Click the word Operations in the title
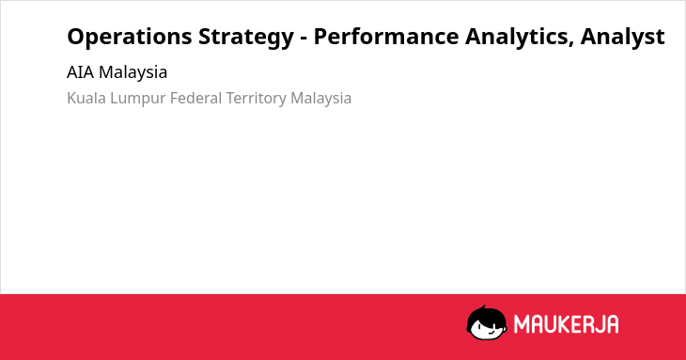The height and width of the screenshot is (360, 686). click(130, 38)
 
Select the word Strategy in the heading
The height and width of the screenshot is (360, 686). click(246, 38)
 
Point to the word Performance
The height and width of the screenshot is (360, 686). click(386, 37)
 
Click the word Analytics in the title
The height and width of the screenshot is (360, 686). click(520, 38)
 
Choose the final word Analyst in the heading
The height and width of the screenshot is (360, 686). click(622, 38)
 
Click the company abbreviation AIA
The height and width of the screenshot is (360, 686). click(81, 72)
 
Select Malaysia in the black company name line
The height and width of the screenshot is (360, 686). click(133, 73)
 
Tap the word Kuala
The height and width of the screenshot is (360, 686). click(86, 98)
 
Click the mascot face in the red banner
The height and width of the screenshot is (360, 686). click(487, 323)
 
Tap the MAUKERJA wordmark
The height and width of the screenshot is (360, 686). click(566, 324)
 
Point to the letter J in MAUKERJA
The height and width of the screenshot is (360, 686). click(599, 324)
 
